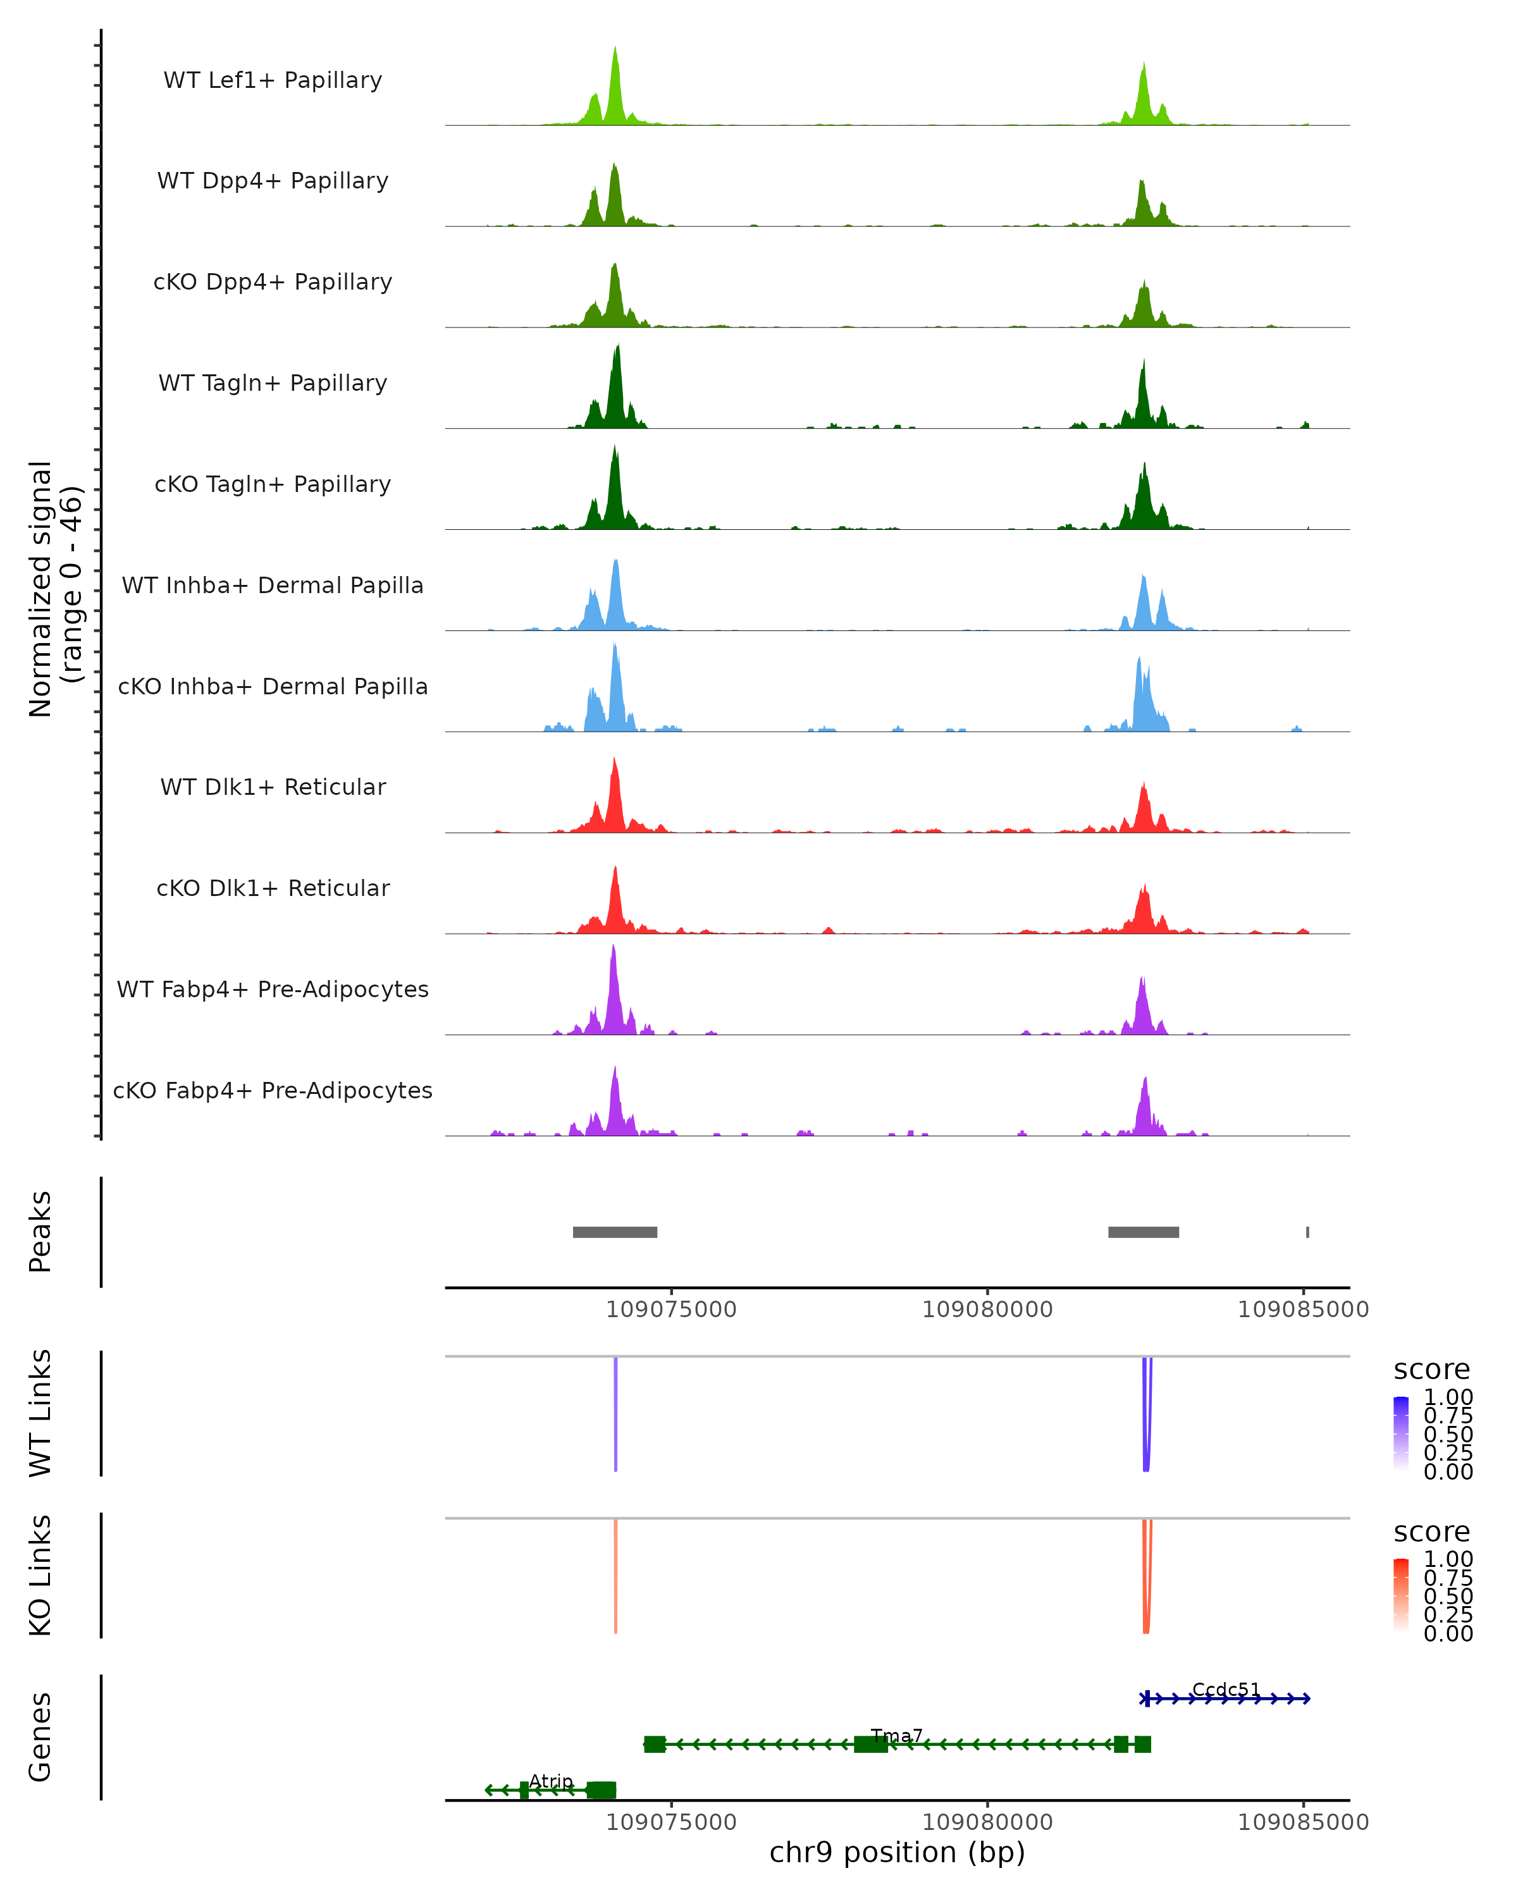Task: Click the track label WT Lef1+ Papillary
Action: (x=273, y=80)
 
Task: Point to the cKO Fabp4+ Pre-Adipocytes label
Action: (x=273, y=1090)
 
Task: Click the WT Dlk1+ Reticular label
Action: (x=273, y=787)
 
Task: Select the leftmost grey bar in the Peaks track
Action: (x=615, y=1232)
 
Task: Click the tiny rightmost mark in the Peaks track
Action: (x=1307, y=1232)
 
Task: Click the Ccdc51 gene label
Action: (x=1226, y=1690)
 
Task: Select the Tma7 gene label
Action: (x=897, y=1736)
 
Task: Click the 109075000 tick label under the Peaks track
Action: (x=672, y=1310)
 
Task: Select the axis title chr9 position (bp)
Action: (x=897, y=1853)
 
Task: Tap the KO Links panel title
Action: (x=40, y=1575)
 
